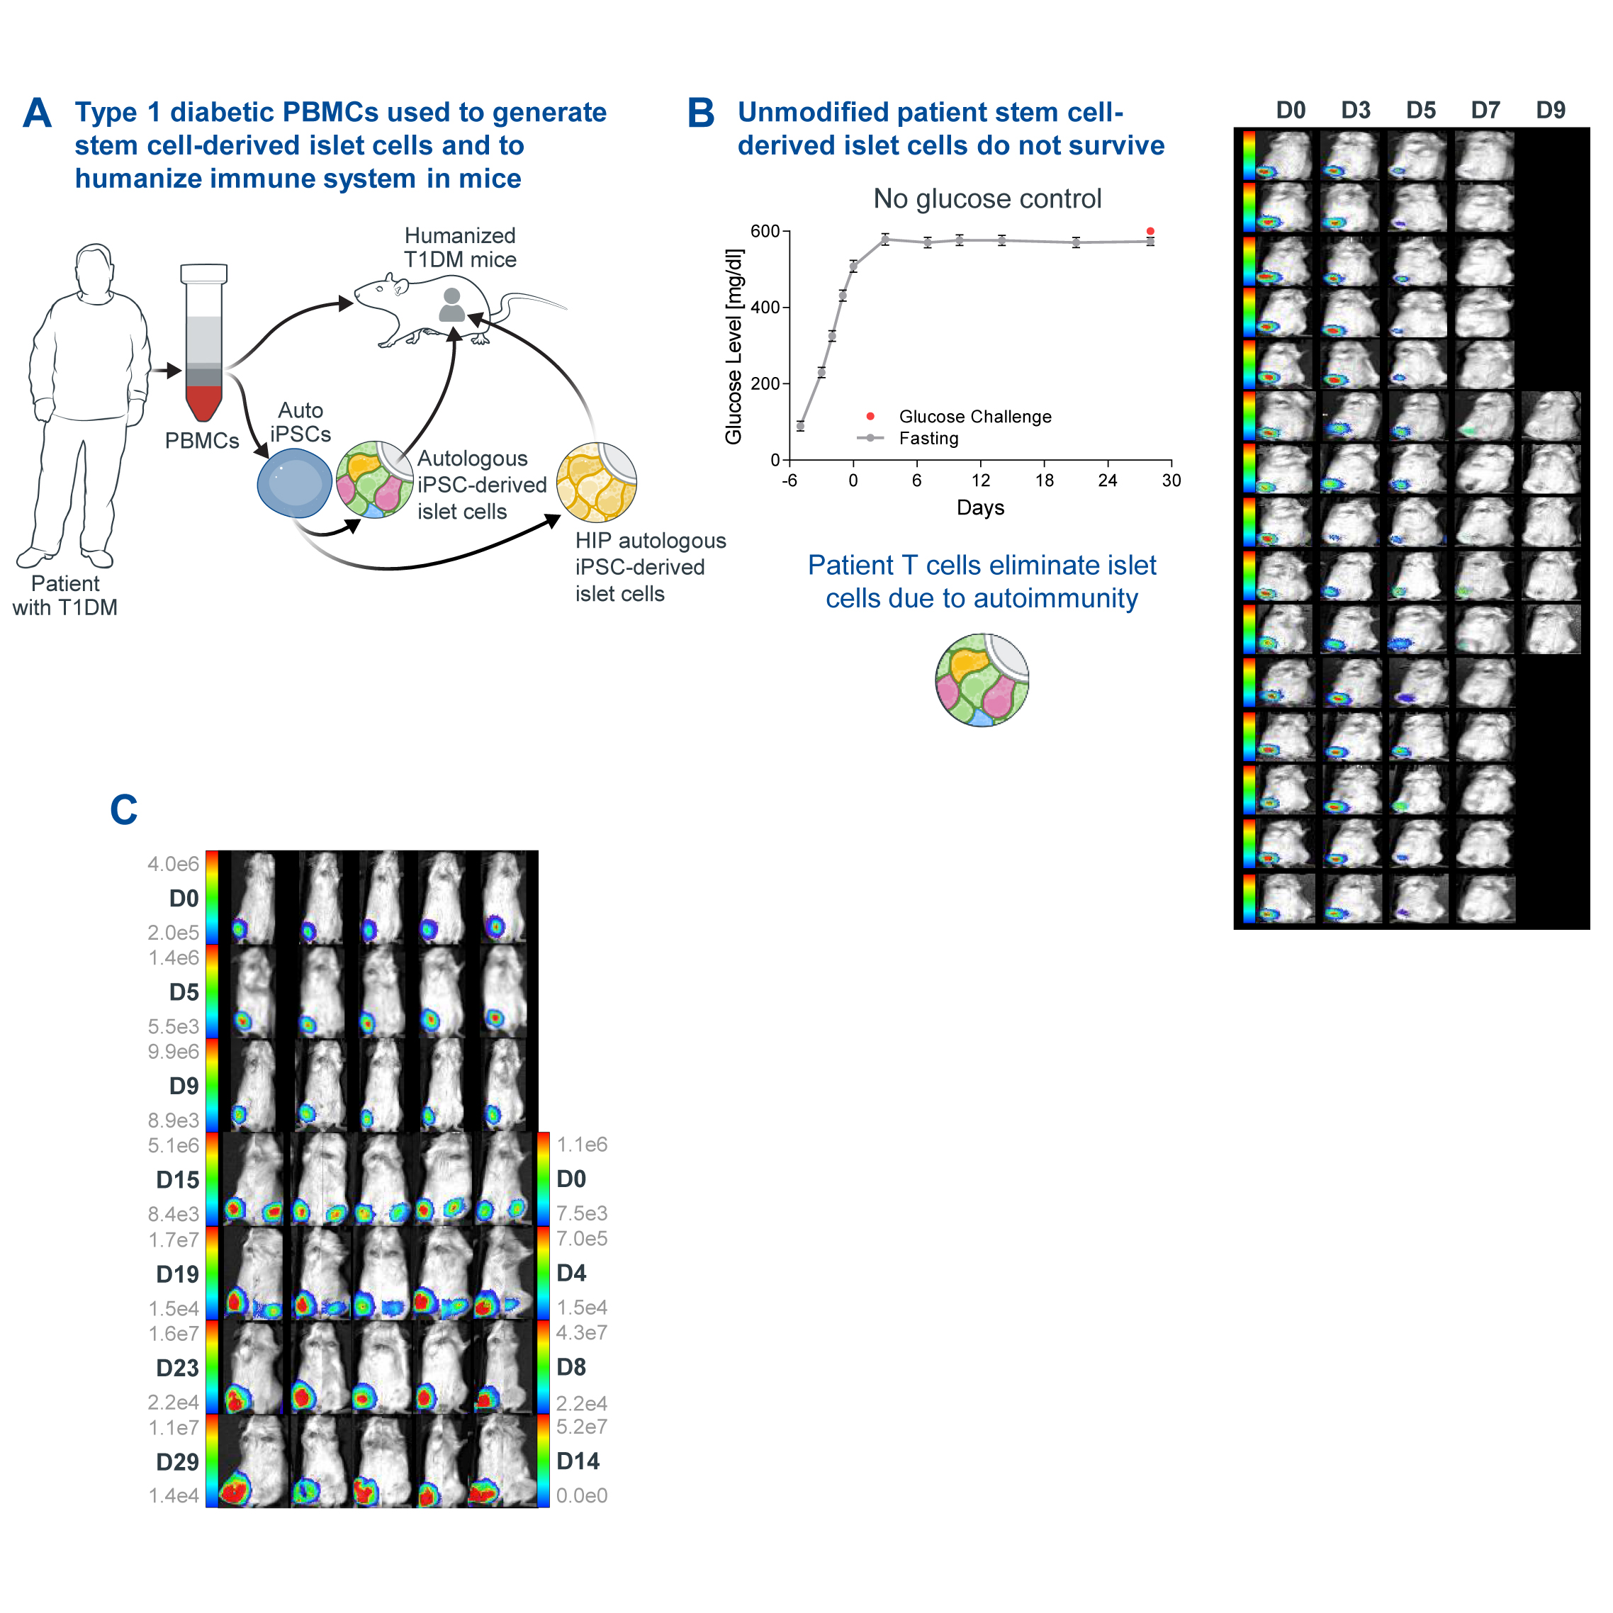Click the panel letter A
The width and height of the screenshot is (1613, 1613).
click(37, 113)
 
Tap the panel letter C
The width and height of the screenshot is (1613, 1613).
click(123, 810)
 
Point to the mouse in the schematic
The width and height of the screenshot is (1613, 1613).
click(426, 309)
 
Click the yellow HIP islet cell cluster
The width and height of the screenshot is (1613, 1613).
click(596, 483)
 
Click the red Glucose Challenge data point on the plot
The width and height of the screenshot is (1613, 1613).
click(1150, 231)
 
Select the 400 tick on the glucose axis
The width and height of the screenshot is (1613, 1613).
click(765, 308)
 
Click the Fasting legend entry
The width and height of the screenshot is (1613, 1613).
click(928, 438)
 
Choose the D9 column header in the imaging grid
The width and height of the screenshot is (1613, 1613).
click(1551, 111)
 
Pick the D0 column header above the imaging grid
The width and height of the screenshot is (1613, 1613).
click(1291, 111)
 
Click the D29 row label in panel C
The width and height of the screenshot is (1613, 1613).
click(177, 1462)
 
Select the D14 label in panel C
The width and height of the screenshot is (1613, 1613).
click(578, 1461)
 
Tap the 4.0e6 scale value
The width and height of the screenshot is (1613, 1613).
click(174, 864)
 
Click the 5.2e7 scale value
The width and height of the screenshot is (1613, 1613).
click(582, 1427)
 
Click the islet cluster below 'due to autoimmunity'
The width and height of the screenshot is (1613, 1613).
click(982, 680)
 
